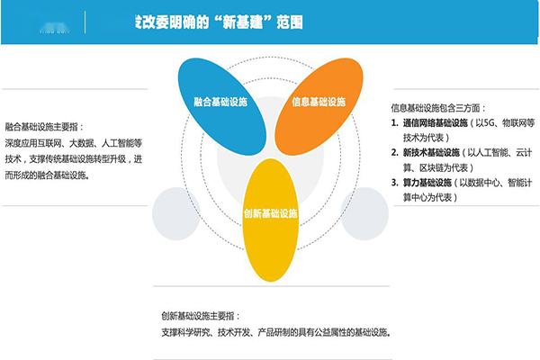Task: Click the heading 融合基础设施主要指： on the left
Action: tap(50, 127)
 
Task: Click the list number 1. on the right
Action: tap(395, 121)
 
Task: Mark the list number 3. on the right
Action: tap(395, 182)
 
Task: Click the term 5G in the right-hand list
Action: tap(487, 121)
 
